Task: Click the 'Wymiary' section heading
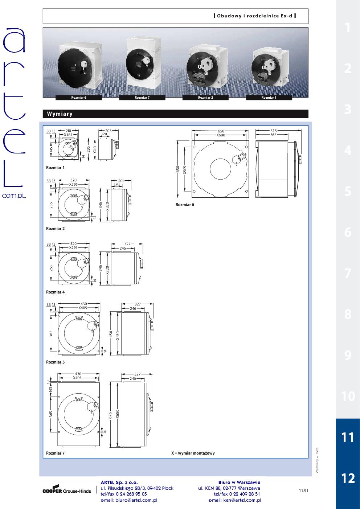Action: point(60,114)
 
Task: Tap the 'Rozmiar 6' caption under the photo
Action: point(79,98)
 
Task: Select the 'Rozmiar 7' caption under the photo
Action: point(142,98)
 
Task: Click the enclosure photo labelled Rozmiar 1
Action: point(270,69)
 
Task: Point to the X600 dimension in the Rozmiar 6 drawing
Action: point(221,135)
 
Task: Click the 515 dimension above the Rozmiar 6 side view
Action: point(274,131)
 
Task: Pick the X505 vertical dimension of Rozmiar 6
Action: point(185,170)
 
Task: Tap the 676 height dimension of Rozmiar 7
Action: point(110,415)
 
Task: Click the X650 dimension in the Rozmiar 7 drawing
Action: point(118,414)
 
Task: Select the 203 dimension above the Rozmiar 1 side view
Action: point(109,131)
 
